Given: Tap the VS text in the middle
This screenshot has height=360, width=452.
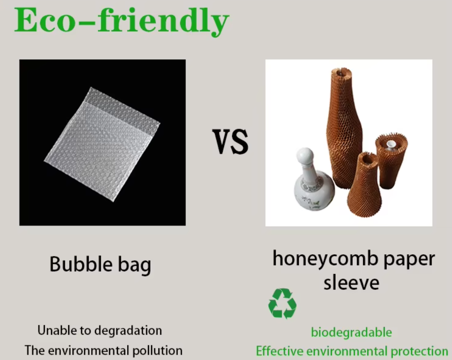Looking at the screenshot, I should pos(230,142).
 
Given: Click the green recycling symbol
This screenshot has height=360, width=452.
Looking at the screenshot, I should pos(282,303).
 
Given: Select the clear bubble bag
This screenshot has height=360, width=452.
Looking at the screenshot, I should pos(102,145).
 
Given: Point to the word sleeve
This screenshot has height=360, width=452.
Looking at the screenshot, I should pos(351,283).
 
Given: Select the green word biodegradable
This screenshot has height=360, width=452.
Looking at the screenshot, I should pos(351,332).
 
